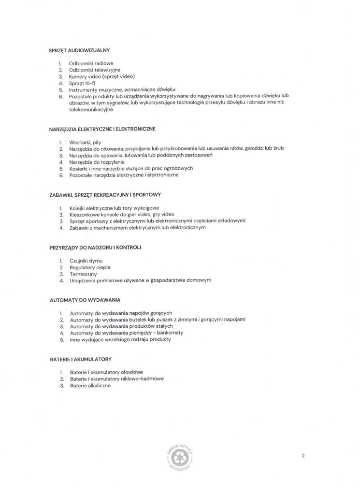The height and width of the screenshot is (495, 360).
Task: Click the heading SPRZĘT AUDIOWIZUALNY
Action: pos(80,50)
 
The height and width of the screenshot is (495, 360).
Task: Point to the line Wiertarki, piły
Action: pos(85,143)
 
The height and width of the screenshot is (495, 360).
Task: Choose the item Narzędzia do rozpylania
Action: pos(97,162)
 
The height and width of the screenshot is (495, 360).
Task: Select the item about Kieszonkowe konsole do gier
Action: pos(122,214)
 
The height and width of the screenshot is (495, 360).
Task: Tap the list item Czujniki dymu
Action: pos(86,261)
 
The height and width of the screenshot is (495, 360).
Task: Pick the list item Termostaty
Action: pos(84,274)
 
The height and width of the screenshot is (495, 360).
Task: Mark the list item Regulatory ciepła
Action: pos(90,267)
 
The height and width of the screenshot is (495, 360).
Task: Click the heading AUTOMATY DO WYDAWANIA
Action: pos(85,300)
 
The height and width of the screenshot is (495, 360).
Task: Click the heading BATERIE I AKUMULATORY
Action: pos(81,359)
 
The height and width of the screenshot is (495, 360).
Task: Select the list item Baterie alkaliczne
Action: pos(90,385)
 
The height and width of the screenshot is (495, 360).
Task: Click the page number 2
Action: pos(303,455)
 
